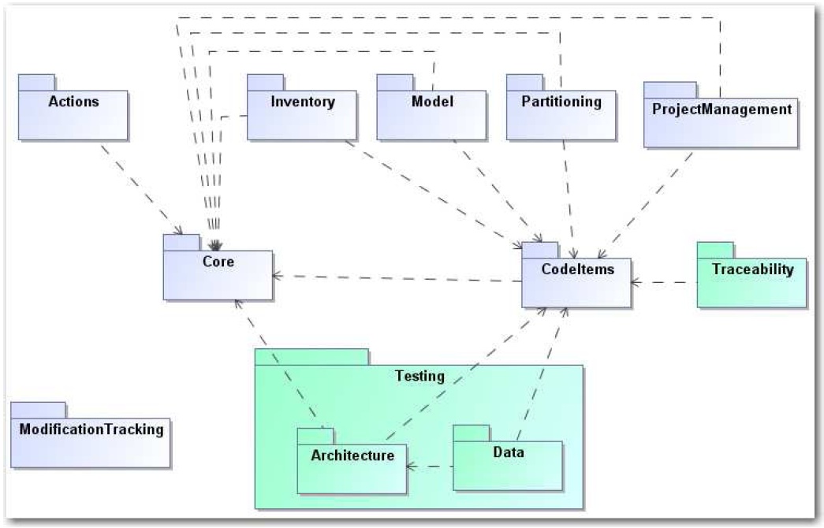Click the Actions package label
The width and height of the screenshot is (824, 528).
(x=73, y=102)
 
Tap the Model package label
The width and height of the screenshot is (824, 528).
(x=432, y=102)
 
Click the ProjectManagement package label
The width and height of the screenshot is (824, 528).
(x=721, y=109)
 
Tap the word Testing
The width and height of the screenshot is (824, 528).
(x=419, y=377)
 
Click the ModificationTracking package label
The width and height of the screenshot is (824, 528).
(x=91, y=429)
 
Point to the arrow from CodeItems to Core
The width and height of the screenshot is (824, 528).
(x=394, y=278)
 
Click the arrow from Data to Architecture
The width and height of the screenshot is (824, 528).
(x=430, y=467)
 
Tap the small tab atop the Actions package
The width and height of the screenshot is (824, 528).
(x=36, y=82)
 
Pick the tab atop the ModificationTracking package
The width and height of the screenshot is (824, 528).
(x=38, y=409)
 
